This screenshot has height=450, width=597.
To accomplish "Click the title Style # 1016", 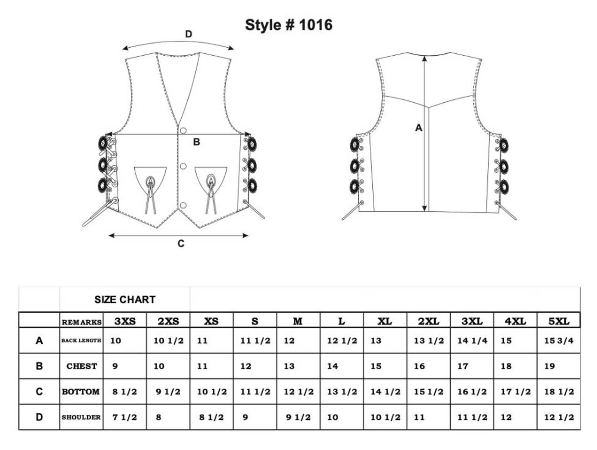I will pyautogui.click(x=288, y=25).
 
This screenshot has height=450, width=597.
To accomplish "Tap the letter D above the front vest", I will pyautogui.click(x=189, y=34).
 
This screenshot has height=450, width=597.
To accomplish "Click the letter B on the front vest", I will pyautogui.click(x=196, y=142).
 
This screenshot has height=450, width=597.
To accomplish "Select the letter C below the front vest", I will pyautogui.click(x=181, y=244).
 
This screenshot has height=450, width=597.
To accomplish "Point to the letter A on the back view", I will pyautogui.click(x=419, y=128).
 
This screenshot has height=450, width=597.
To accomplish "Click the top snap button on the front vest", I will pyautogui.click(x=183, y=130).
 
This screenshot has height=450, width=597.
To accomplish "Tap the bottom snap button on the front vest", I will pyautogui.click(x=183, y=205).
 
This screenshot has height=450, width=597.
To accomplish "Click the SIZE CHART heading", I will pyautogui.click(x=125, y=300).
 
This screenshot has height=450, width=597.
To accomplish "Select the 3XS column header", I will pyautogui.click(x=125, y=321).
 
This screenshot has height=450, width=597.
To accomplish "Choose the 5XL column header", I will pyautogui.click(x=559, y=321).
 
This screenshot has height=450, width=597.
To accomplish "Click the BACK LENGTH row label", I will pyautogui.click(x=81, y=340).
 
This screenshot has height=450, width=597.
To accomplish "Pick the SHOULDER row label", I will pyautogui.click(x=81, y=417).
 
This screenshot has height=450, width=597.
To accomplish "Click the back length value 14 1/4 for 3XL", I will pyautogui.click(x=472, y=341).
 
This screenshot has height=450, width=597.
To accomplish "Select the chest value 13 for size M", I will pyautogui.click(x=289, y=366).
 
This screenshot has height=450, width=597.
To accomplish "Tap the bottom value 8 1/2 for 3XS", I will pyautogui.click(x=125, y=392).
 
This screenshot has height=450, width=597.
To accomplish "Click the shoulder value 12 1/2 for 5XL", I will pyautogui.click(x=559, y=417).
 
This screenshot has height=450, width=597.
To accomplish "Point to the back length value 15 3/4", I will pyautogui.click(x=559, y=341).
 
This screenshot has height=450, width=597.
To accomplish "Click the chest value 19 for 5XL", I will pyautogui.click(x=550, y=366).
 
